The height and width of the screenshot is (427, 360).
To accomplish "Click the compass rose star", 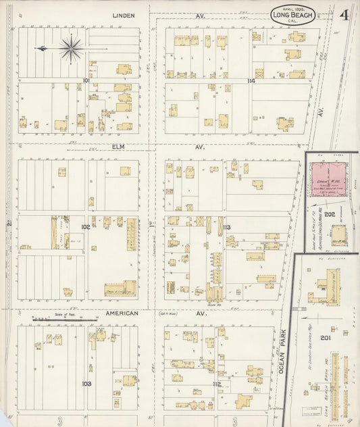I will click(x=71, y=48).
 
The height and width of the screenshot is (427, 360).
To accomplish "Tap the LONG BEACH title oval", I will click(x=292, y=16).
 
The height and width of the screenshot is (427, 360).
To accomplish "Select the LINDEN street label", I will click(x=124, y=15).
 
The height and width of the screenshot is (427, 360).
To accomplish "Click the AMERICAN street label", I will click(x=122, y=313).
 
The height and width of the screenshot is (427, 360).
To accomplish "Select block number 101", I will click(x=86, y=80).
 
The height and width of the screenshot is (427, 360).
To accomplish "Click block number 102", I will click(x=86, y=227).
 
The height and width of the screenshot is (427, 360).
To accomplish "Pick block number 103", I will click(x=86, y=383).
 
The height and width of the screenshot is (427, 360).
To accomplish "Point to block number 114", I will click(x=251, y=80).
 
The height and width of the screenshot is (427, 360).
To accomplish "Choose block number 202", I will click(x=330, y=214).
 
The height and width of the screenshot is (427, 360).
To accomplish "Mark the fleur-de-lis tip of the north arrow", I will click(x=38, y=49).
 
